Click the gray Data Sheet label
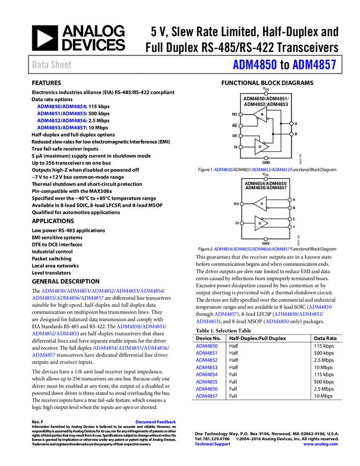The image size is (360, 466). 52,65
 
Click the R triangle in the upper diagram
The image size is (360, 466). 260,114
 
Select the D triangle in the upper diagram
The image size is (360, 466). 261,147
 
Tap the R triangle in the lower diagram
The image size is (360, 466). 260,204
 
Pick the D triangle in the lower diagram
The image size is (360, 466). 261,223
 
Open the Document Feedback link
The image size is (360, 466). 156,422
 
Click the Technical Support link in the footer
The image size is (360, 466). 213,444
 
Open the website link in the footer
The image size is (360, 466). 321,444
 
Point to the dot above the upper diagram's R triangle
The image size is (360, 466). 266,94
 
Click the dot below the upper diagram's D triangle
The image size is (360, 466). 266,158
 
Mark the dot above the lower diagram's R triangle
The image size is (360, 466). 266,179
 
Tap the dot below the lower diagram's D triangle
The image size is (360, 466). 266,239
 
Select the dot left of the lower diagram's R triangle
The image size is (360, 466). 242,204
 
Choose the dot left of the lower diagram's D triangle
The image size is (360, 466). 242,223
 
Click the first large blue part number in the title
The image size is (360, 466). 255,65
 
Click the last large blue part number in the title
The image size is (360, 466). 314,65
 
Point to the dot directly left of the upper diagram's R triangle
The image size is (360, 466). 241,115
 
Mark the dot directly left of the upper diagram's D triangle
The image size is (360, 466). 241,147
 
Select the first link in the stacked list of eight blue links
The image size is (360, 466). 207,346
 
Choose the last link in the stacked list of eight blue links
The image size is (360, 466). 207,395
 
